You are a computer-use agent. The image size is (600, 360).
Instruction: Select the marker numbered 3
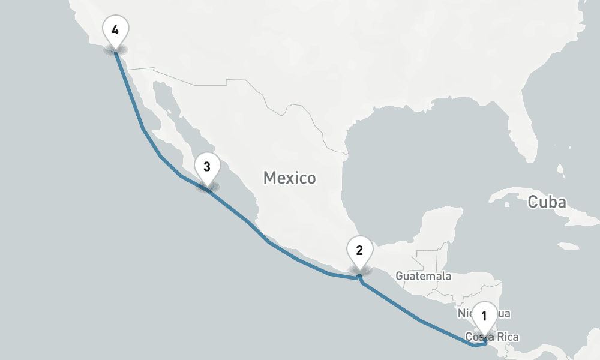(206, 166)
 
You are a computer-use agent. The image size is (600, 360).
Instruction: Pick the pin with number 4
(115, 28)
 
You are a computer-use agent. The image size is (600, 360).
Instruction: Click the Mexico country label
(289, 178)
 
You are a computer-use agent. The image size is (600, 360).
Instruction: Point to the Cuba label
(546, 202)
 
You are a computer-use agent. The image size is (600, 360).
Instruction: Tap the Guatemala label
(423, 276)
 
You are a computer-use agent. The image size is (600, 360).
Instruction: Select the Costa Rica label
(492, 337)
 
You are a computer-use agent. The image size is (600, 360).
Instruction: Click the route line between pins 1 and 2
(420, 322)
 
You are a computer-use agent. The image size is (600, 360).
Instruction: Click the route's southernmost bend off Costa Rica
(474, 346)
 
